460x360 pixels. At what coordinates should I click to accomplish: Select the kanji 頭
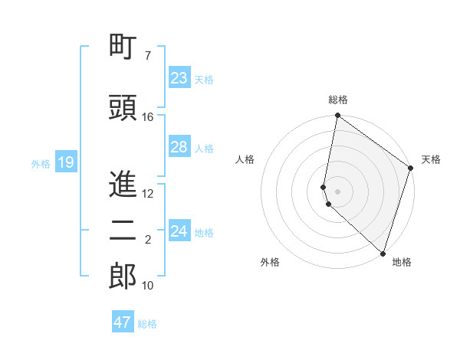(123, 107)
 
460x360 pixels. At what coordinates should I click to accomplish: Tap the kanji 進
(123, 185)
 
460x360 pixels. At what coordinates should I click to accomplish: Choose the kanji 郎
(123, 277)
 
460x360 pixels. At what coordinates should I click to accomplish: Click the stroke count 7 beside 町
(147, 56)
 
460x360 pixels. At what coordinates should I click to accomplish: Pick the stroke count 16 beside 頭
(148, 117)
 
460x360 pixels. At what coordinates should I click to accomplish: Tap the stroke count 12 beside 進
(148, 194)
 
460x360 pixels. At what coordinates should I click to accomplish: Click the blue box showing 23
(179, 78)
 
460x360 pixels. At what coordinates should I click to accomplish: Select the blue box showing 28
(179, 147)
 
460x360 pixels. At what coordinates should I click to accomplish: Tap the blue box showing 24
(179, 231)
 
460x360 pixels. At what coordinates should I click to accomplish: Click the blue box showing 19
(65, 162)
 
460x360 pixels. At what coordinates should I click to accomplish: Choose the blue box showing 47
(122, 322)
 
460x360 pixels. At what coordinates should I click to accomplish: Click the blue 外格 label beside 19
(41, 163)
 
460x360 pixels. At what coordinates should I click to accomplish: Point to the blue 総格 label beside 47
(147, 324)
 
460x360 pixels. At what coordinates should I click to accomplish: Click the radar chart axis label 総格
(338, 100)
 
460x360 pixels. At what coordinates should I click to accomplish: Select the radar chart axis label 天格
(431, 159)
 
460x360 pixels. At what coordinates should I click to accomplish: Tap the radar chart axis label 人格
(245, 159)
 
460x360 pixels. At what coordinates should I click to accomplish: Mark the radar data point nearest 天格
(411, 169)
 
